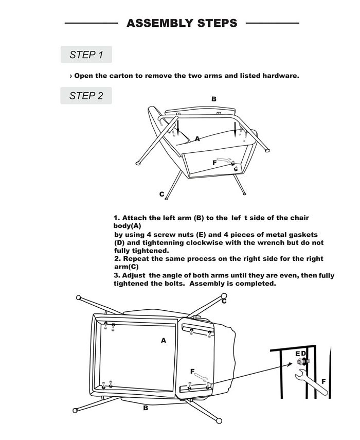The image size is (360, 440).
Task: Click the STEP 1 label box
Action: [86, 55]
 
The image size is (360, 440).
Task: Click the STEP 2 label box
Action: [86, 96]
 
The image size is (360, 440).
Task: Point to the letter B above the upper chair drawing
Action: [213, 99]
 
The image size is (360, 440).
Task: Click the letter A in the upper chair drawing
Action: [197, 138]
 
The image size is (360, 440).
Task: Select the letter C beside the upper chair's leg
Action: [162, 194]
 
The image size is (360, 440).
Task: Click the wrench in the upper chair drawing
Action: [224, 160]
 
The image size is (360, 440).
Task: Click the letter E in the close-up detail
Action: [298, 354]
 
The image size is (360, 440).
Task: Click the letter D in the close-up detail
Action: [303, 354]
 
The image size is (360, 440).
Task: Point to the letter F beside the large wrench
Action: [323, 382]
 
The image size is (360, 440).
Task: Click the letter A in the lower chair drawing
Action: [164, 340]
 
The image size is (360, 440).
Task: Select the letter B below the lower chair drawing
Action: [146, 408]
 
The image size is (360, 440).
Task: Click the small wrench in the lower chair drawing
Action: [201, 377]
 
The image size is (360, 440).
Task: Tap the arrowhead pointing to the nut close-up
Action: [290, 365]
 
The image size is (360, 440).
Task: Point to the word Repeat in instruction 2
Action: [136, 259]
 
